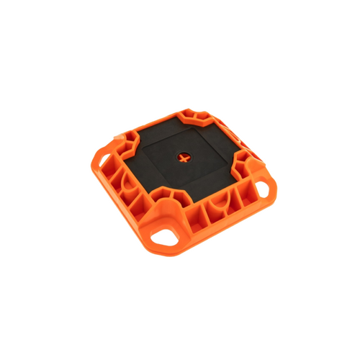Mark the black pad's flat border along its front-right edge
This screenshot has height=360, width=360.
[209, 180]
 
